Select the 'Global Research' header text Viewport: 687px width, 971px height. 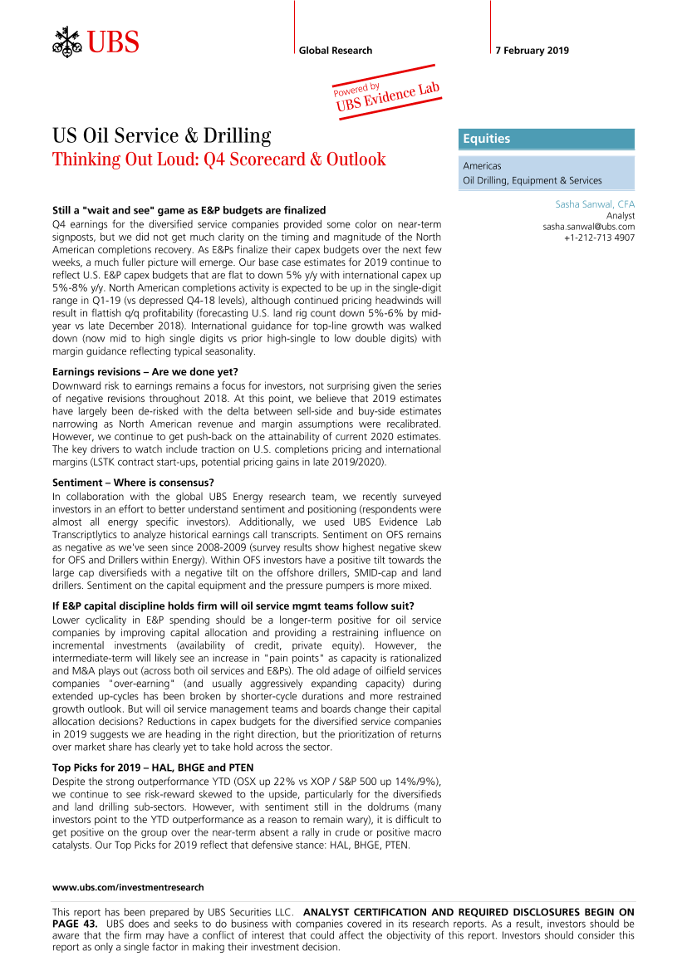point(336,51)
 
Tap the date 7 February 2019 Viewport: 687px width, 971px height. point(532,51)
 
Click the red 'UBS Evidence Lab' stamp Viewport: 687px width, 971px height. point(386,94)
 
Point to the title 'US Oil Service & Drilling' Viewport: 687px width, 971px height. point(162,135)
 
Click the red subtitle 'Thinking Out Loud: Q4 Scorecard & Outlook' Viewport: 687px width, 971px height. point(219,159)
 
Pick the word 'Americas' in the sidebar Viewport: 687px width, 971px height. point(483,166)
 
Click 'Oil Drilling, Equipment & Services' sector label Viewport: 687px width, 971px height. point(532,180)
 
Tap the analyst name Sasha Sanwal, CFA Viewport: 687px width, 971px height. point(595,204)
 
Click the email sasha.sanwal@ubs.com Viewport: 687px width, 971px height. point(588,226)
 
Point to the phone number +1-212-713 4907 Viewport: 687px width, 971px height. point(599,238)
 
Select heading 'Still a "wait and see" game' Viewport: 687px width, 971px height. point(189,210)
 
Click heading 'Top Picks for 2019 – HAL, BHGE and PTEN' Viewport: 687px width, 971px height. point(153,767)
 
